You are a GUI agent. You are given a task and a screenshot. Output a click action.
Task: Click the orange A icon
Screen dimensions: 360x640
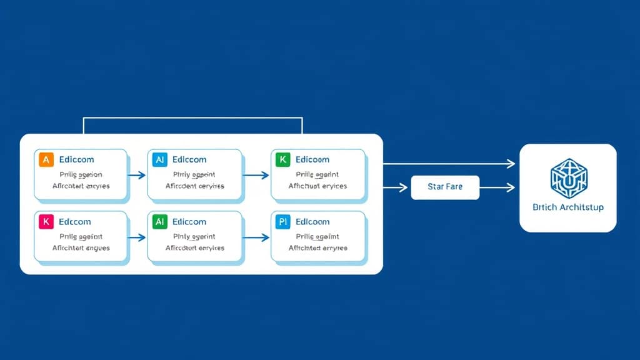click(x=46, y=159)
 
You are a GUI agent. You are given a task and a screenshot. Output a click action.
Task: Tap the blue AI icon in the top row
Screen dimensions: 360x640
click(x=159, y=159)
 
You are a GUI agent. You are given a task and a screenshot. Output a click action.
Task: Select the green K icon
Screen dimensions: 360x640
click(x=282, y=159)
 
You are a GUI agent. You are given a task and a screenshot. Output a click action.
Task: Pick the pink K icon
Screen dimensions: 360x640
click(x=46, y=221)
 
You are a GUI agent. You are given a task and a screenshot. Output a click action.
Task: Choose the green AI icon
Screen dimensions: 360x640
click(x=159, y=221)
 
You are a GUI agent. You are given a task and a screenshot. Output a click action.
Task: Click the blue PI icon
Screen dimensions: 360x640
click(x=282, y=221)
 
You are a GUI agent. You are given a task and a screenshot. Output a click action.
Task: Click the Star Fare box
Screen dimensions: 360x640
click(x=445, y=187)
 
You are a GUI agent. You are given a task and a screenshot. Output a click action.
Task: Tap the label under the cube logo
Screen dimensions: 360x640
click(x=568, y=207)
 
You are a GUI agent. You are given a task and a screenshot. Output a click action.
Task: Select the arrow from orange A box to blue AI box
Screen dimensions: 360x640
click(x=136, y=176)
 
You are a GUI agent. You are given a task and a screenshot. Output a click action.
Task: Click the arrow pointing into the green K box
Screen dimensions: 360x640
click(x=256, y=176)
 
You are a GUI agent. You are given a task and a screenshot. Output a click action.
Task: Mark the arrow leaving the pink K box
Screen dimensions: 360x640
click(x=136, y=237)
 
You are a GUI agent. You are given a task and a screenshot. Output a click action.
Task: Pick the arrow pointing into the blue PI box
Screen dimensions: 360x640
click(x=256, y=237)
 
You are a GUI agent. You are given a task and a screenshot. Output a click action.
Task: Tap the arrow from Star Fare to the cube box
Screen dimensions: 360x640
click(x=497, y=187)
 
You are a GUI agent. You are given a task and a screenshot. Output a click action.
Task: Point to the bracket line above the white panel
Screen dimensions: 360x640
click(x=192, y=117)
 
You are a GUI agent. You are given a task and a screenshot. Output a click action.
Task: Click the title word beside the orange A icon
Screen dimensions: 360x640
click(x=76, y=159)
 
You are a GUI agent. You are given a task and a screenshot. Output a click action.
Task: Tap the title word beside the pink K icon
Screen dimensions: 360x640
click(x=75, y=221)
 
